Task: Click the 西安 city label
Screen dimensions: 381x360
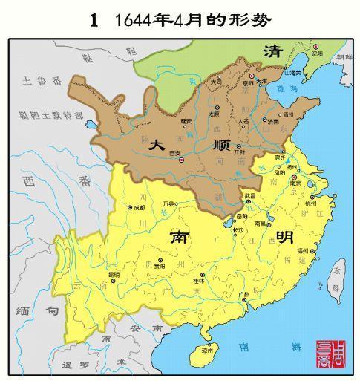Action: coord(175,152)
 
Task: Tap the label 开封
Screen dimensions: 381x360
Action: coord(239,151)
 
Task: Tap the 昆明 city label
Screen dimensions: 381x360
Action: coord(113,274)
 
